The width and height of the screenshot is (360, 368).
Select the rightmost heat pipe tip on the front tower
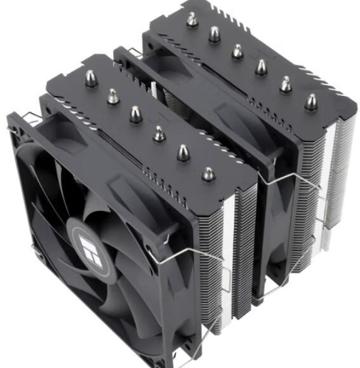tap(208, 174)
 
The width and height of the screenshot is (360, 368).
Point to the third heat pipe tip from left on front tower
tap(136, 114)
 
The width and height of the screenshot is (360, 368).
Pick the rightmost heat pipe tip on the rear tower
tap(311, 102)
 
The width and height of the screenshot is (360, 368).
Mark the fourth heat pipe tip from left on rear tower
tap(261, 67)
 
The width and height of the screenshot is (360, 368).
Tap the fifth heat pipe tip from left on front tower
tap(183, 153)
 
